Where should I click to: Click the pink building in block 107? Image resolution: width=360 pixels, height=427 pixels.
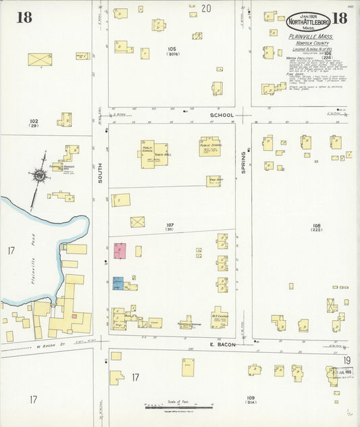coord(120,251)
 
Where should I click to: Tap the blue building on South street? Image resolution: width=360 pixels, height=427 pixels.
coord(118,283)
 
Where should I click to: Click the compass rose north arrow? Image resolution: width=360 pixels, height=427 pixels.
coord(39,176)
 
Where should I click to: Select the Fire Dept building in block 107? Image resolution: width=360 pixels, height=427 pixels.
coord(213,180)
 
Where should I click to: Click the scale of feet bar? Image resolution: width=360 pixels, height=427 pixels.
coord(179,407)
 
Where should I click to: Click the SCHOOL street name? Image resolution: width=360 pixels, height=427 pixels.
coord(221,116)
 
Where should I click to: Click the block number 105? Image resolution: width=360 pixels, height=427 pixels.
coord(172,49)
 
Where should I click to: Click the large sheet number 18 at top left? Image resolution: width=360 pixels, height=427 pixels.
coord(25,18)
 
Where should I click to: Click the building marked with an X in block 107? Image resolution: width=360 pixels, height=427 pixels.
coord(137,222)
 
